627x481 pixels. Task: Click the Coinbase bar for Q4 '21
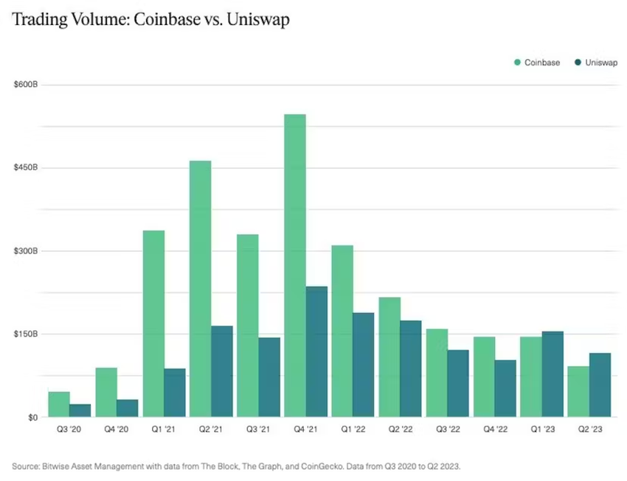click(x=295, y=265)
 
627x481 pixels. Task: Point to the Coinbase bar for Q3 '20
click(x=59, y=404)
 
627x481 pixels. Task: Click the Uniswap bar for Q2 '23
click(x=600, y=385)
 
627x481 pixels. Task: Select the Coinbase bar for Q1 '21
click(x=153, y=323)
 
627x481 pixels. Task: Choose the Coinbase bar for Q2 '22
click(x=389, y=357)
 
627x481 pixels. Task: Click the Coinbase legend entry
click(x=537, y=63)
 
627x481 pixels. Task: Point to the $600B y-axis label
click(x=26, y=85)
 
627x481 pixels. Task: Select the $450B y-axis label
click(x=26, y=168)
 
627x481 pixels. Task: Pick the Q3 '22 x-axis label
click(x=448, y=429)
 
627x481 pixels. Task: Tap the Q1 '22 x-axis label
click(x=353, y=429)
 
